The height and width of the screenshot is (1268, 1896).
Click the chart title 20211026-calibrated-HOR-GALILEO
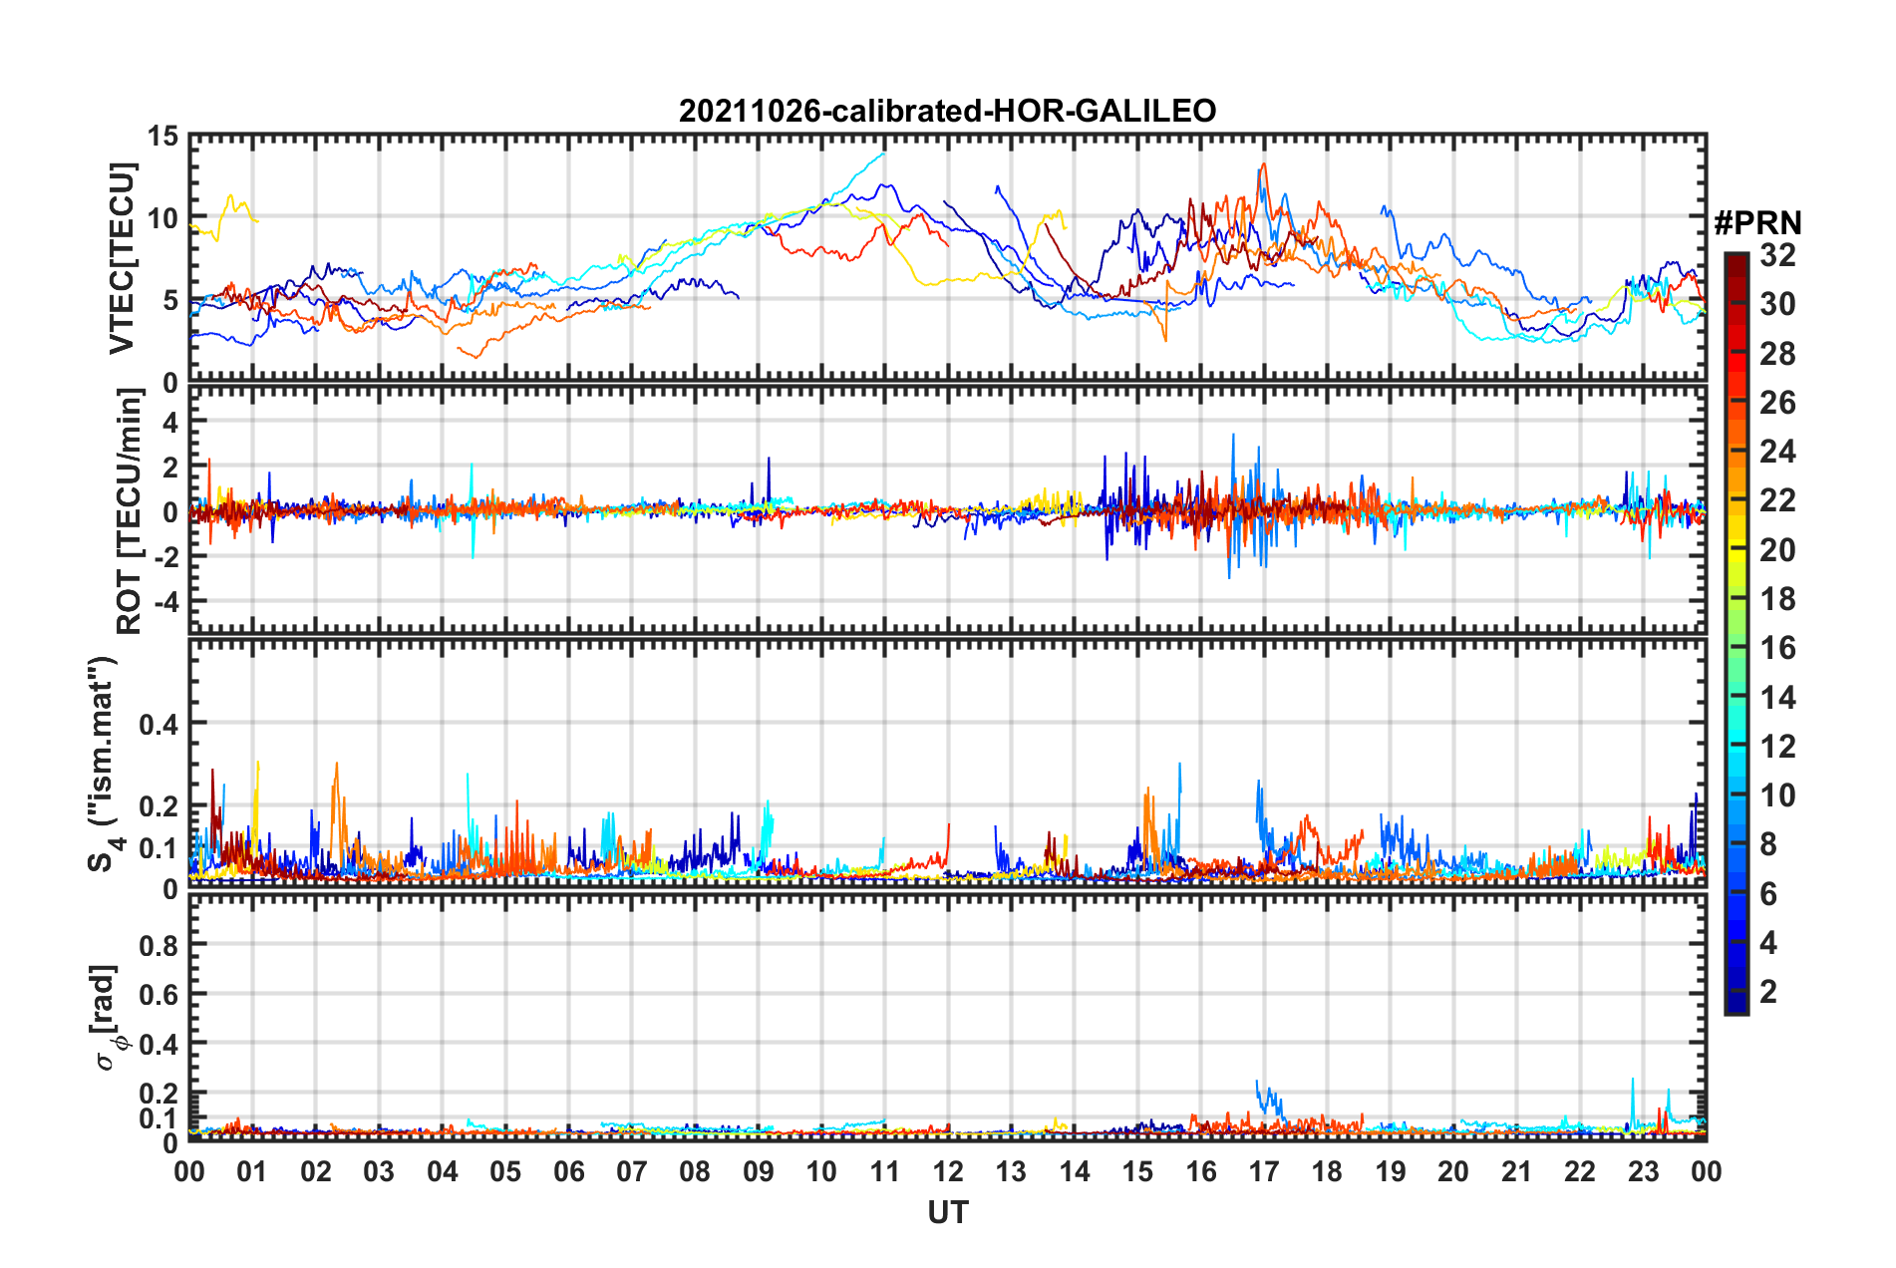pyautogui.click(x=947, y=111)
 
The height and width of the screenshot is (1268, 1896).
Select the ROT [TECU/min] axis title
pyautogui.click(x=129, y=511)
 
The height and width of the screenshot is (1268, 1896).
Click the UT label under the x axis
pyautogui.click(x=947, y=1212)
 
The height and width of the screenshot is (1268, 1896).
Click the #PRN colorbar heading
pyautogui.click(x=1757, y=223)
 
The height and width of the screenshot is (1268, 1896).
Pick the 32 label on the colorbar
pyautogui.click(x=1777, y=255)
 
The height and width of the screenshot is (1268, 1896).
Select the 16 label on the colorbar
pyautogui.click(x=1777, y=648)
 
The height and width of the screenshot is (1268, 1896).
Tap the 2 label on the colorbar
pyautogui.click(x=1768, y=991)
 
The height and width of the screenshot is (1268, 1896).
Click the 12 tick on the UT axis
pyautogui.click(x=948, y=1171)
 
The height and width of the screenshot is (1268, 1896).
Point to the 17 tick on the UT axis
pyautogui.click(x=1264, y=1171)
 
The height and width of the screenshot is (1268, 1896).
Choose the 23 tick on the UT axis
pyautogui.click(x=1643, y=1171)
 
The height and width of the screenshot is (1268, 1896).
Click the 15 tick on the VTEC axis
pyautogui.click(x=162, y=137)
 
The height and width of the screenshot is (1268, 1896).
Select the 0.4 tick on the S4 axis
pyautogui.click(x=158, y=724)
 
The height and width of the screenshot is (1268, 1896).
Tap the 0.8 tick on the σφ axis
pyautogui.click(x=158, y=945)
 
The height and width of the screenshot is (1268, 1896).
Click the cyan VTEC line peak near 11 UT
pyautogui.click(x=882, y=154)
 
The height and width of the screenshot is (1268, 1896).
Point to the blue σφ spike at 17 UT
pyautogui.click(x=1258, y=1082)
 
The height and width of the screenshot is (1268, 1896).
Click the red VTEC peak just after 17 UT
pyautogui.click(x=1264, y=164)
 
